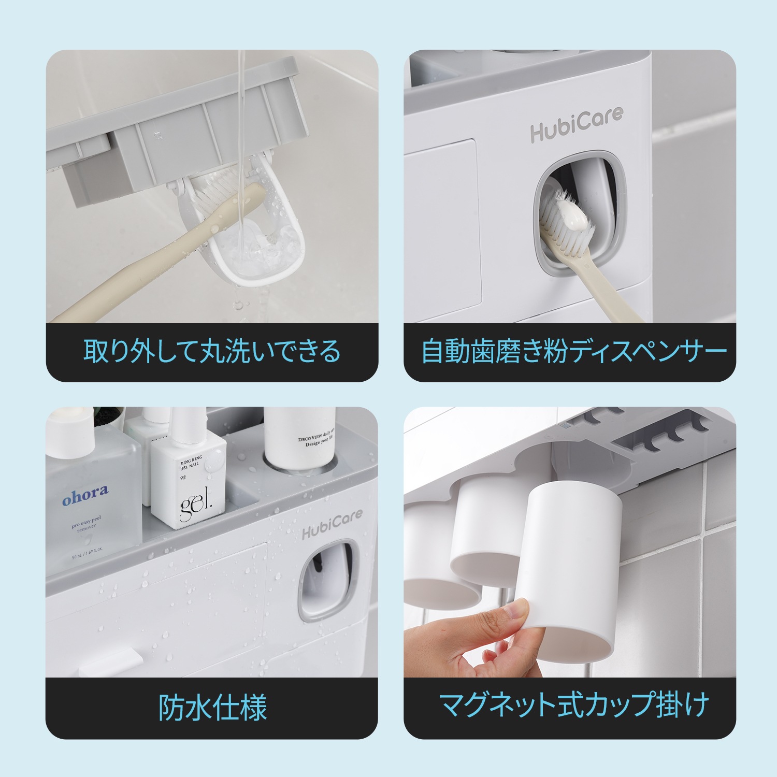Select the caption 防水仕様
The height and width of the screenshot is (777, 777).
[x=212, y=708]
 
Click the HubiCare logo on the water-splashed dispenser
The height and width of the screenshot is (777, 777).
[x=332, y=524]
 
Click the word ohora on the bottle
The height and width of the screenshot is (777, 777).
[x=85, y=495]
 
